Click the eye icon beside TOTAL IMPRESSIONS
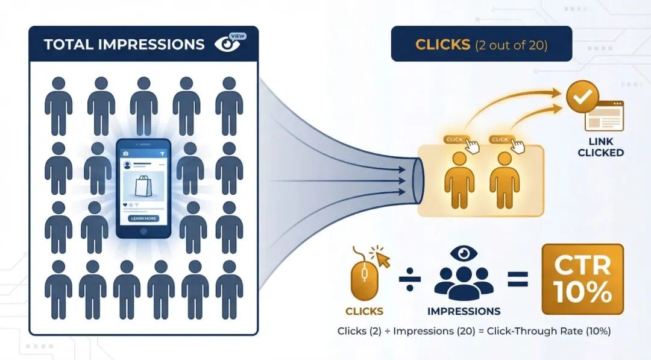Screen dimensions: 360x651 228,44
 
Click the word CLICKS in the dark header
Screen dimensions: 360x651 442,45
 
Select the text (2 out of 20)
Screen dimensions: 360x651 511,45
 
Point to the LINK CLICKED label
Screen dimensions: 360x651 600,147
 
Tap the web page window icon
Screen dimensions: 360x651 603,116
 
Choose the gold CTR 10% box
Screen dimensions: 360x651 582,279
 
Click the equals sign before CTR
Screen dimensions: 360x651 517,279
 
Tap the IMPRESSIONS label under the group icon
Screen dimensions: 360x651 464,312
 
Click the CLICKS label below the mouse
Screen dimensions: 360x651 364,312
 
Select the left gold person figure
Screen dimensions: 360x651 458,180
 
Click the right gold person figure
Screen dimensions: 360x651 505,180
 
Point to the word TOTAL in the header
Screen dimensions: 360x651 68,45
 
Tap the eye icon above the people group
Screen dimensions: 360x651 463,253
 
